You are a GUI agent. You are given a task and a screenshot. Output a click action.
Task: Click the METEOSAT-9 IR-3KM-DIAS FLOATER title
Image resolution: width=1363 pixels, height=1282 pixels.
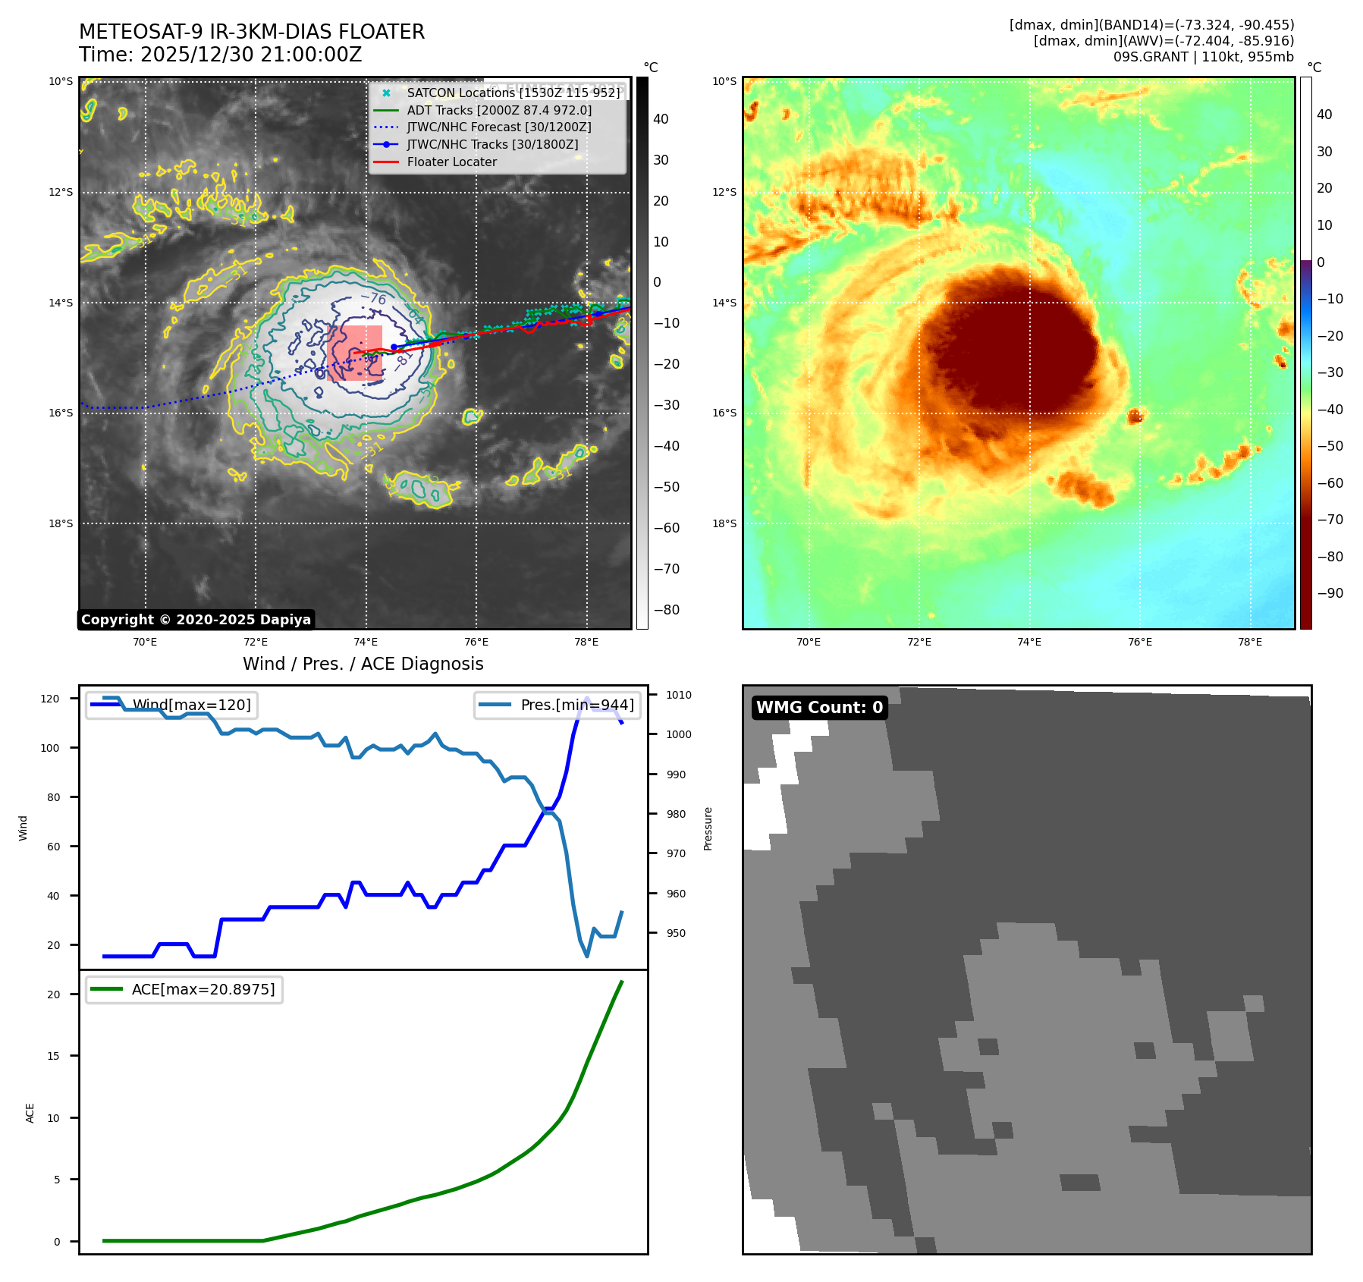coord(252,32)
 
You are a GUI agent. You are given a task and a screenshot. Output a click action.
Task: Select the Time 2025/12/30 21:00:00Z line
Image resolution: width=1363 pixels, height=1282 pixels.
coord(220,55)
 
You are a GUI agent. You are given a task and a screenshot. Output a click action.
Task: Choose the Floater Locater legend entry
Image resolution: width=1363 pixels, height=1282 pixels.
coord(451,162)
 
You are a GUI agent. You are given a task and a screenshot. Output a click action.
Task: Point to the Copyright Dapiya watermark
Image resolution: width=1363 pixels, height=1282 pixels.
coord(196,620)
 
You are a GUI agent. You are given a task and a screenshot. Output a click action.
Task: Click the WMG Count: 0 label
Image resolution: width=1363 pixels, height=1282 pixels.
coord(819,708)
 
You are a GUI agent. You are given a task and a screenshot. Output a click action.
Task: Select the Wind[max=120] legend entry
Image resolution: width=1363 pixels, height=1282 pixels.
coord(191,705)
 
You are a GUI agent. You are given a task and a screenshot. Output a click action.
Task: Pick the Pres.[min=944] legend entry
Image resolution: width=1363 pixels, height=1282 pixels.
coord(576,705)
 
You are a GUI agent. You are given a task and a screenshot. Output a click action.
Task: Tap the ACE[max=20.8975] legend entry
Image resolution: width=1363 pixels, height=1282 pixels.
coord(203,989)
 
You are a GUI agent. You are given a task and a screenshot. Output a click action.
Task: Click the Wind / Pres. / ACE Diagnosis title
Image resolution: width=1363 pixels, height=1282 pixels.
coord(363,664)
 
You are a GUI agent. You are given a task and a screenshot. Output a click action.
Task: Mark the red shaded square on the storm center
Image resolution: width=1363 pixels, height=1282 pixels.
coord(354,352)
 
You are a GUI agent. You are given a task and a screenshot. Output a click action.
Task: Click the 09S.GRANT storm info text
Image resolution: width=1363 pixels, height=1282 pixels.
coord(1203,57)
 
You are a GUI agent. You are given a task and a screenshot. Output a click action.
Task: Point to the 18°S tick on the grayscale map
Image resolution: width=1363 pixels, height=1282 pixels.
coord(61,523)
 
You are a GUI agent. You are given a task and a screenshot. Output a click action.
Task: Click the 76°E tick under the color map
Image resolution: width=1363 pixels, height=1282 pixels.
coord(1139,642)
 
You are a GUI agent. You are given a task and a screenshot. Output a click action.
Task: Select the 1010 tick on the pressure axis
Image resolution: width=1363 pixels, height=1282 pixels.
coord(679,695)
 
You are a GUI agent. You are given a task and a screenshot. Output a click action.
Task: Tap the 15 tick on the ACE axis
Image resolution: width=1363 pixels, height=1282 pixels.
coord(53,1056)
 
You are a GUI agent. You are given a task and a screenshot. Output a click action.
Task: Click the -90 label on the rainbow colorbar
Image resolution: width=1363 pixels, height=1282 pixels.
coord(1330,593)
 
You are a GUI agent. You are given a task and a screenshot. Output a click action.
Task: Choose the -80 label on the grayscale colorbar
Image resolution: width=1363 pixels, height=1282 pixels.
coord(667,610)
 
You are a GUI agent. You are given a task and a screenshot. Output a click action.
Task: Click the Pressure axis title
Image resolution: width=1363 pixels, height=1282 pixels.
coord(708,828)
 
